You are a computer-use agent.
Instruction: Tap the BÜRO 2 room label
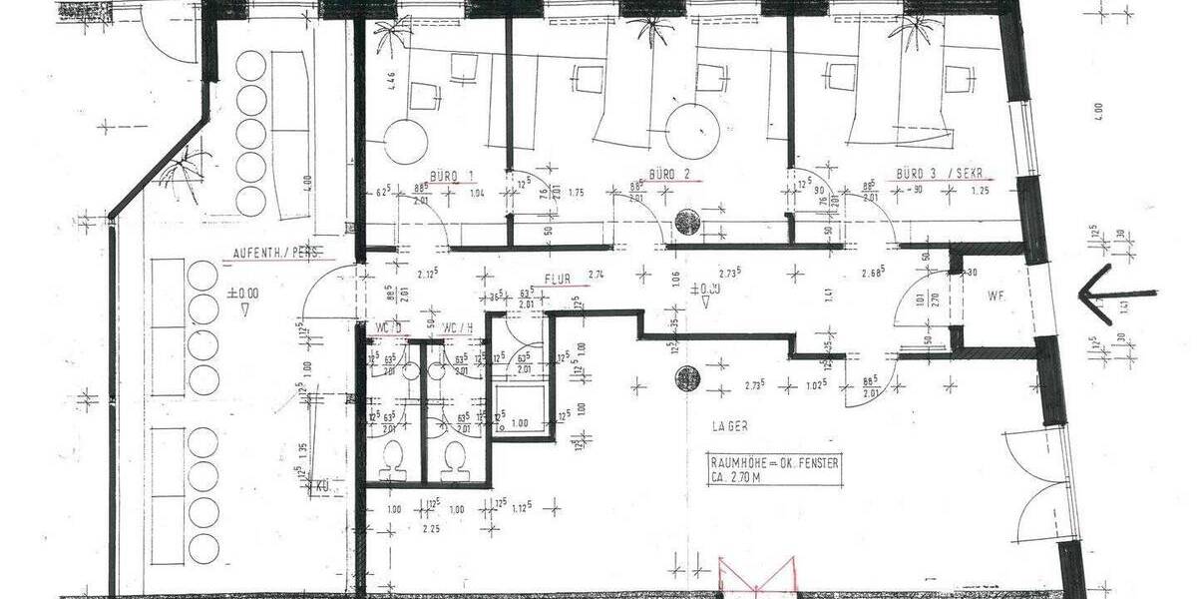[669, 175]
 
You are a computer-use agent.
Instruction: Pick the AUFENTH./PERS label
[273, 254]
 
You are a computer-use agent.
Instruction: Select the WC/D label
[388, 328]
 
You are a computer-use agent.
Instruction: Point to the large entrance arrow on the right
[1117, 294]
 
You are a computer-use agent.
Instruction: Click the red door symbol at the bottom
[757, 579]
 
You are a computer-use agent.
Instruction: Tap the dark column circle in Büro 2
[686, 221]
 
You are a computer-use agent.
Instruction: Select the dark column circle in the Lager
[686, 378]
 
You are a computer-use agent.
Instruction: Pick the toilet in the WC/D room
[394, 459]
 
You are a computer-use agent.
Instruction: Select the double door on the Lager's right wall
[1037, 484]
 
